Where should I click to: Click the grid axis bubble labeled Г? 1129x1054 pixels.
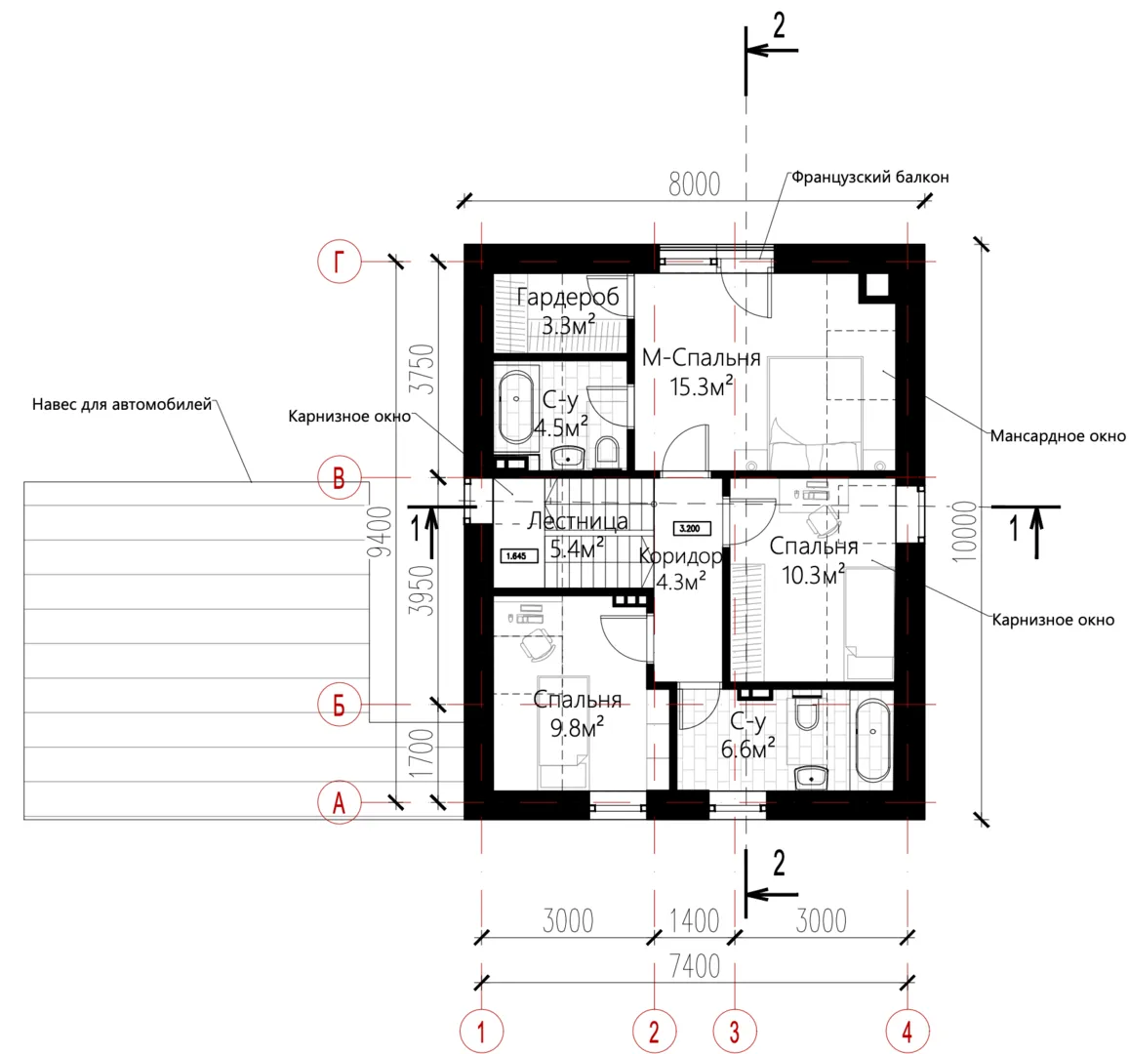tap(340, 262)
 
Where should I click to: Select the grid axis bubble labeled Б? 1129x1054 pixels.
tap(340, 705)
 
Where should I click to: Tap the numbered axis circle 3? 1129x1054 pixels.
tap(735, 1032)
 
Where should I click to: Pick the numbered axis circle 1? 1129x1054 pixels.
tap(481, 1032)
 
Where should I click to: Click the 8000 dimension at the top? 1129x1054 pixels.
tap(694, 184)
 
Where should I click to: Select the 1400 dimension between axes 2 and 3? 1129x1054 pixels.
tap(694, 921)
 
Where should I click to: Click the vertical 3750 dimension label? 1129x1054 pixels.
tap(423, 369)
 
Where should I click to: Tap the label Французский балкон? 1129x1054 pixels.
tap(869, 177)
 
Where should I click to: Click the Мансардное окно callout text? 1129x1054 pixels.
tap(1058, 435)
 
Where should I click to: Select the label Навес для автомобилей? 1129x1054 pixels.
tap(122, 405)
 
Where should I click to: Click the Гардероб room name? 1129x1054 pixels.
tap(568, 297)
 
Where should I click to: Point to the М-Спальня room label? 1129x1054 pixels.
tap(702, 358)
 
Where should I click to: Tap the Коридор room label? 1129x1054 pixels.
tap(680, 556)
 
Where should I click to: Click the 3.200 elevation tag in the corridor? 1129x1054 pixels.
tap(691, 528)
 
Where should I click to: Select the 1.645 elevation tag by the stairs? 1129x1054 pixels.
tap(519, 556)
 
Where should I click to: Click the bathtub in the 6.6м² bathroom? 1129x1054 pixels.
tap(872, 741)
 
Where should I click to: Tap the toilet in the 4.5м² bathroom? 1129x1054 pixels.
tap(608, 452)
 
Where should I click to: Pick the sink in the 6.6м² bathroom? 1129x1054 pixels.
tap(812, 778)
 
